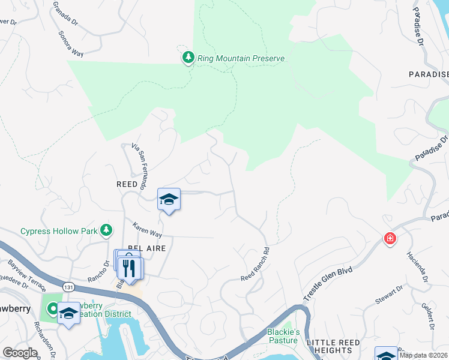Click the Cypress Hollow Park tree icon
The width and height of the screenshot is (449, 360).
pyautogui.click(x=106, y=229)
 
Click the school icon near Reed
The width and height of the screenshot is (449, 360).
pyautogui.click(x=169, y=200)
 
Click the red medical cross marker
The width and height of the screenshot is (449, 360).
pyautogui.click(x=390, y=239)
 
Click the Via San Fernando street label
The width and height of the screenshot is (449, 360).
pyautogui.click(x=143, y=165)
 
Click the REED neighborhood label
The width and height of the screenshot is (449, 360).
pyautogui.click(x=127, y=185)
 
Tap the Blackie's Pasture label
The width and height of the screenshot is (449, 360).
pyautogui.click(x=283, y=336)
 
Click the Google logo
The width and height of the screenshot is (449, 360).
pyautogui.click(x=20, y=353)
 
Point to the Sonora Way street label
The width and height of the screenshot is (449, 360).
pyautogui.click(x=70, y=44)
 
